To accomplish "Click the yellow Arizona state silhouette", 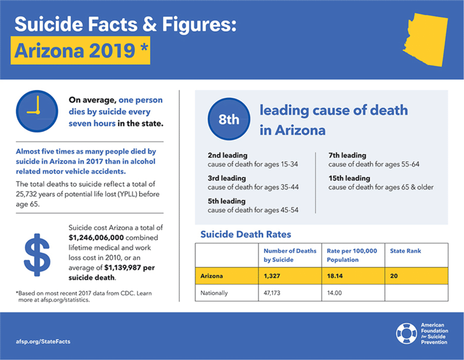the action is pos(426,39).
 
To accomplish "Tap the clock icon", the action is pos(37,112).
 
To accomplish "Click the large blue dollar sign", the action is pos(37,255).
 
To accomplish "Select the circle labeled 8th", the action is pos(229,119).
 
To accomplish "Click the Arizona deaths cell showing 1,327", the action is pos(272,276).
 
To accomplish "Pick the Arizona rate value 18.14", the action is pos(335,276).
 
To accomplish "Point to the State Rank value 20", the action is pos(393,276).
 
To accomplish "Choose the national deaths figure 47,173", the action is pos(272,293).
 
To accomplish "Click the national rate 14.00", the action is pos(334,293).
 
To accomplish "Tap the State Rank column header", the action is pos(405,251).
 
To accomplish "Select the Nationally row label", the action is pos(214,293).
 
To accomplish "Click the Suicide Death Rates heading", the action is pos(246,234).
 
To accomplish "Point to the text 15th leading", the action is pos(349,178).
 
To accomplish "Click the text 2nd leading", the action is pos(227,155).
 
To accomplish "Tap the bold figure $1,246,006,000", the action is pos(96,238).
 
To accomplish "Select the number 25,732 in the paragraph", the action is pos(26,194).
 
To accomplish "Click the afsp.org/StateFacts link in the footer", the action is pos(43,341).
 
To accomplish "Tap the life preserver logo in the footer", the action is pos(406,334).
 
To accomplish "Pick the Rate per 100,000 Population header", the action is pos(352,255).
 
